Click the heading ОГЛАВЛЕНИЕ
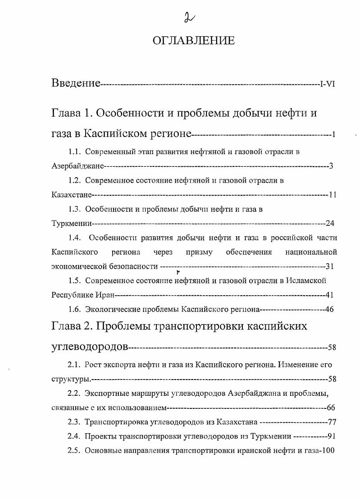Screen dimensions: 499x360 pyautogui.click(x=194, y=41)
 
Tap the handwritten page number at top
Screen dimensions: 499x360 pyautogui.click(x=186, y=17)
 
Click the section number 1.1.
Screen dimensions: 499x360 pyautogui.click(x=74, y=152)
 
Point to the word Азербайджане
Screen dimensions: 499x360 pyautogui.click(x=78, y=166)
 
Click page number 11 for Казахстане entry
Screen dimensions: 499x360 pyautogui.click(x=333, y=195)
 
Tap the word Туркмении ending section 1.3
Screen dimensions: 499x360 pyautogui.click(x=72, y=223)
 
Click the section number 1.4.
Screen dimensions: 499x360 pyautogui.click(x=74, y=238)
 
